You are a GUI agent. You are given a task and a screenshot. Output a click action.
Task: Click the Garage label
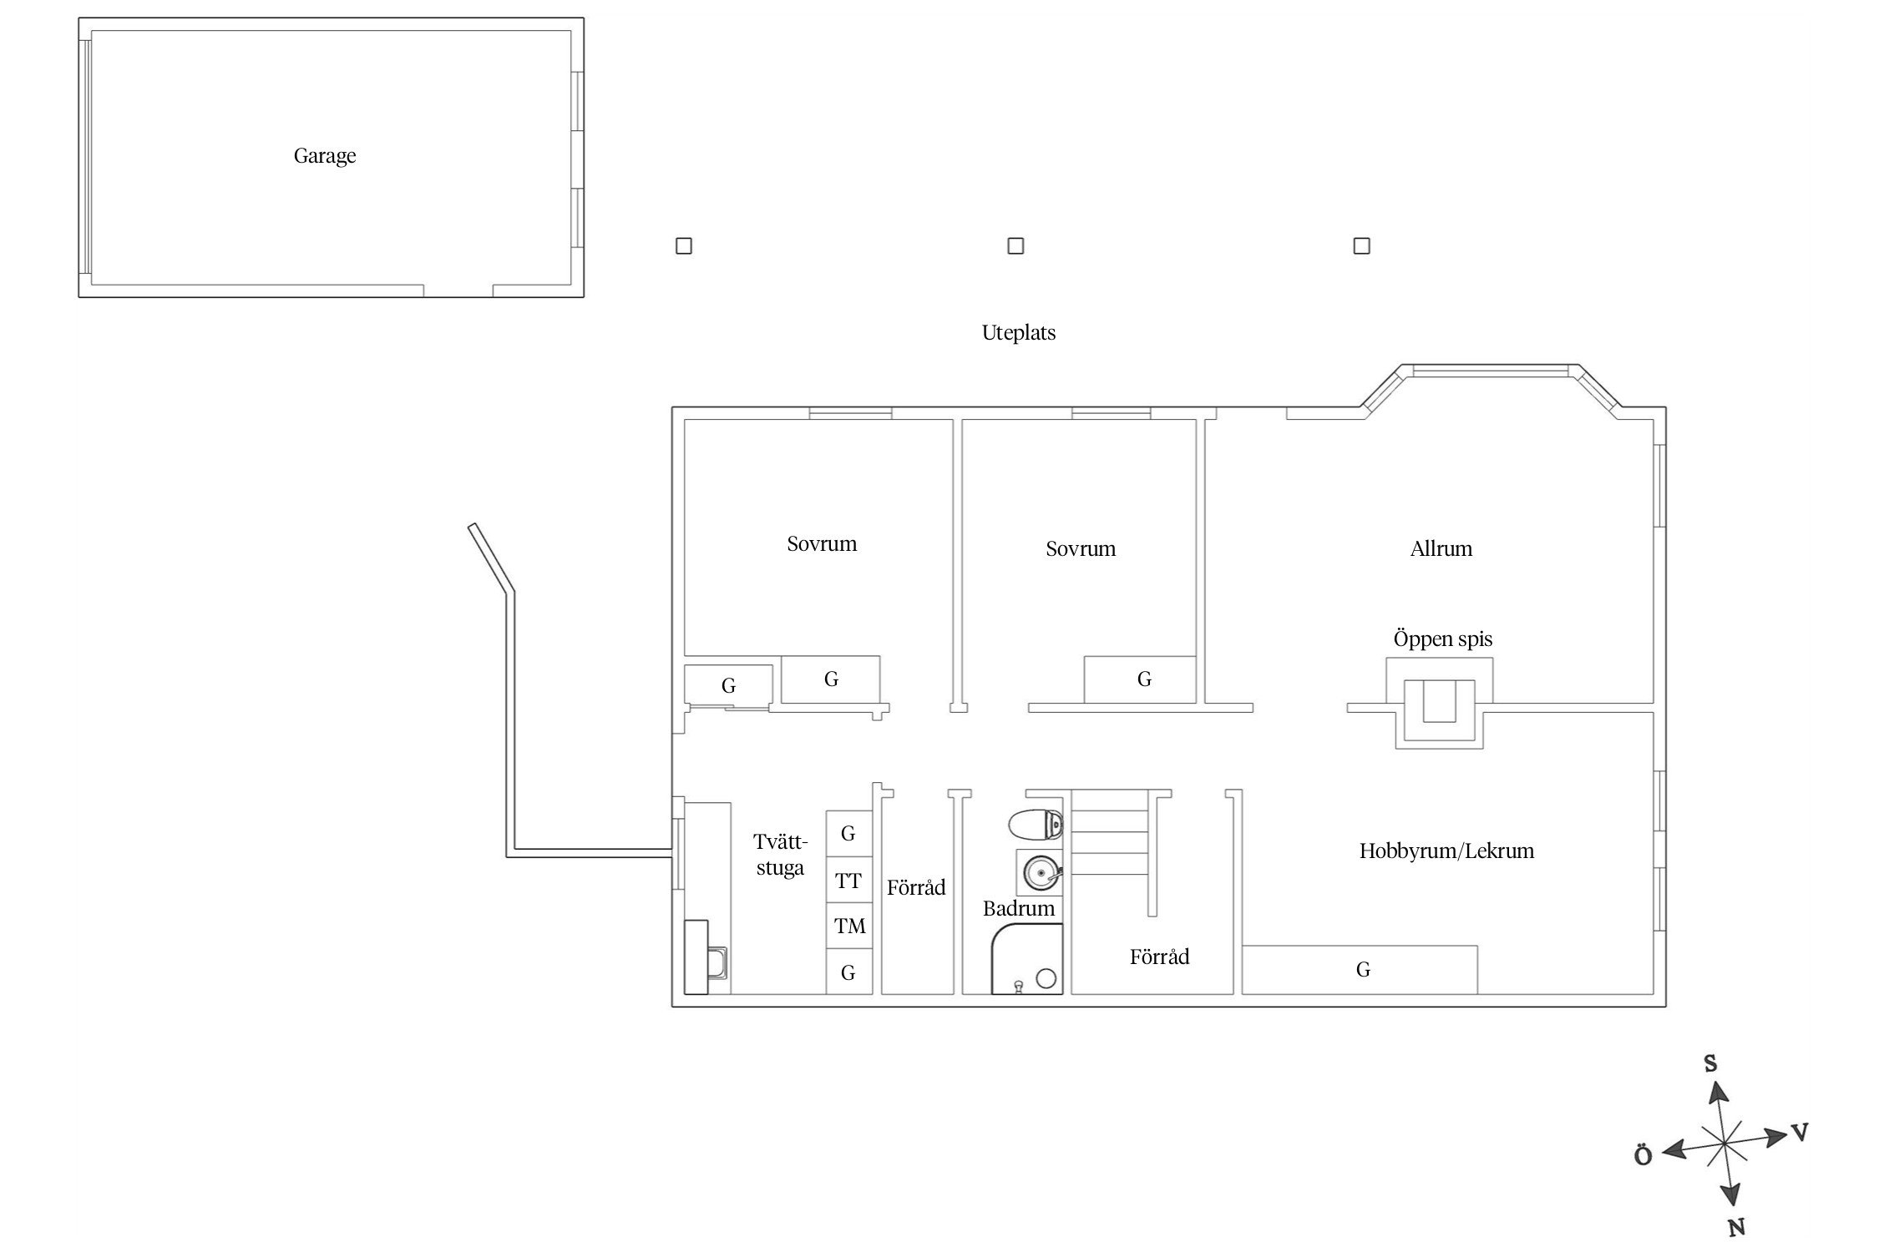click(x=325, y=156)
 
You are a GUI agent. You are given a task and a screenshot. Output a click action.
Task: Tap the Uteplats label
click(x=1019, y=333)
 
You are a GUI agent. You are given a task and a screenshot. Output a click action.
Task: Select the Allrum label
click(x=1441, y=549)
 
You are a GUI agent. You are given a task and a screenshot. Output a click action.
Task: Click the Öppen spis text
click(x=1443, y=639)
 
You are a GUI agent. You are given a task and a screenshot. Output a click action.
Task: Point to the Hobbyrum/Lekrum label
click(x=1447, y=851)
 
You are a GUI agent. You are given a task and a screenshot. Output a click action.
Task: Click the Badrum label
click(x=1019, y=909)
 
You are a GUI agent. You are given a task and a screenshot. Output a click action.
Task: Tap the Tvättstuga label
click(x=780, y=855)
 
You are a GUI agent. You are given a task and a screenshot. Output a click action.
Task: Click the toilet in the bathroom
click(x=1036, y=826)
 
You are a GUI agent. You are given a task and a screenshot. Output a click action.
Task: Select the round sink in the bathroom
click(x=1040, y=874)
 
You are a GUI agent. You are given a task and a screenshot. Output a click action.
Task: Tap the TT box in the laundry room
click(x=849, y=880)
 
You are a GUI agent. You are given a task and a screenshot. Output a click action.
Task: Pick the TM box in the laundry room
click(x=849, y=926)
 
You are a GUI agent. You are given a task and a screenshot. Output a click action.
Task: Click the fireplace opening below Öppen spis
click(x=1440, y=701)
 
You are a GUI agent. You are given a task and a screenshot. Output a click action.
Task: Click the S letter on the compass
click(x=1710, y=1063)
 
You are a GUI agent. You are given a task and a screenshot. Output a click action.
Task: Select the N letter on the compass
click(x=1736, y=1227)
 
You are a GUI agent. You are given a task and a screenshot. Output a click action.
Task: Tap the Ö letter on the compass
click(x=1643, y=1156)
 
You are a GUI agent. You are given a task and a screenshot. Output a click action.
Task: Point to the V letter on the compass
click(x=1800, y=1133)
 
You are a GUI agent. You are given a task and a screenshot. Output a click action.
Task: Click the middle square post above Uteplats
click(x=1015, y=245)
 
